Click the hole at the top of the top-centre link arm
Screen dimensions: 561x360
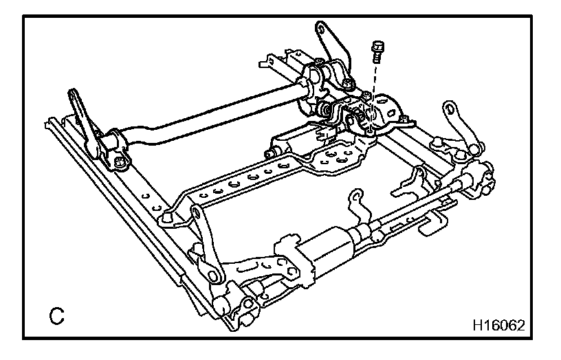[x=321, y=29]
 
